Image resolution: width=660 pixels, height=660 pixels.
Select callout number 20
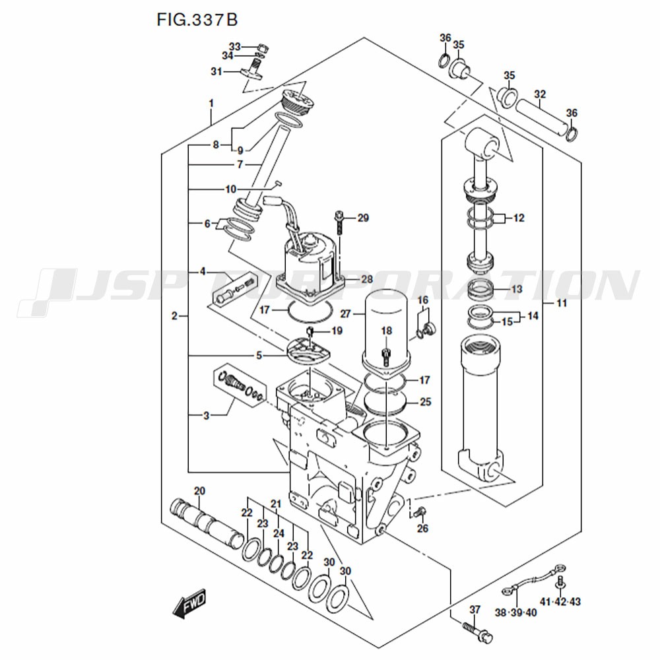coord(199,490)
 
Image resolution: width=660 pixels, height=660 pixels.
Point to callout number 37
coord(474,609)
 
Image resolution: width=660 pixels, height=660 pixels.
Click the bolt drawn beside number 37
coord(477,630)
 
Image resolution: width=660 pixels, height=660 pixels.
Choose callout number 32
coord(540,94)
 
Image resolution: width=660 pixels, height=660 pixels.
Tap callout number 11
coord(562,304)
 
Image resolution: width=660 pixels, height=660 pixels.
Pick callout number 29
coord(362,218)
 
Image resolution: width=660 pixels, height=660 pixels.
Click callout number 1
coord(211,104)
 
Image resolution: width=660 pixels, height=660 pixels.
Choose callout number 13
coord(517,290)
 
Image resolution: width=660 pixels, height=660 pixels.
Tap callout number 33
coord(236,46)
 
